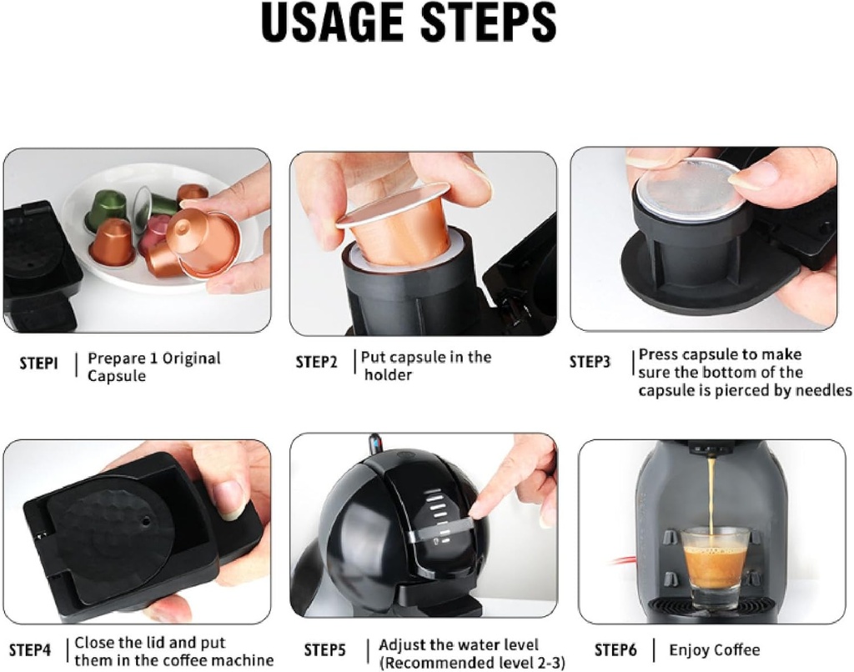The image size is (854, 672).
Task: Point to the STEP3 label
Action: pos(590,362)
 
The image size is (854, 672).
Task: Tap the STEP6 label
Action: pos(615,649)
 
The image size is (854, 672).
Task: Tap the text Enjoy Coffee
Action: pos(714,649)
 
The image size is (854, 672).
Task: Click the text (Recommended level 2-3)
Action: pos(471,662)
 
